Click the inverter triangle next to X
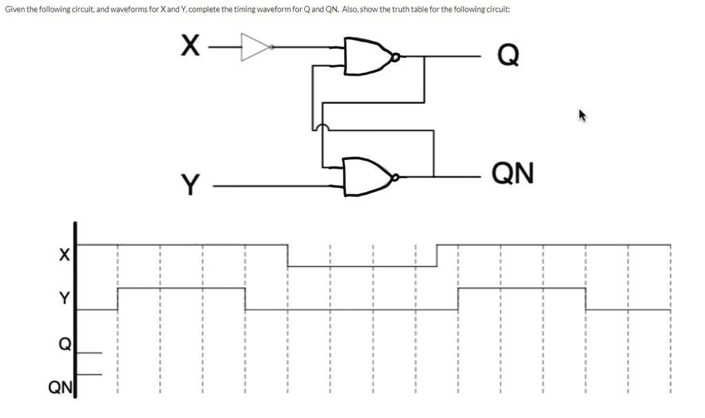pos(255,47)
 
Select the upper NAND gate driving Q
pos(367,56)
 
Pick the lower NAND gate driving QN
pos(367,177)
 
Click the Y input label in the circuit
pos(190,185)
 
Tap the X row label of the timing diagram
pos(63,255)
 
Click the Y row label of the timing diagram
pos(64,297)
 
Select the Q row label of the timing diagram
pos(63,343)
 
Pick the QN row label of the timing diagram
pos(59,388)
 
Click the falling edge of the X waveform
pos(287,255)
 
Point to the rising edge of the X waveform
pos(437,255)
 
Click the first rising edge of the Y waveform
pos(118,299)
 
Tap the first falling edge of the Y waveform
pos(245,299)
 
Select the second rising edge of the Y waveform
pos(459,299)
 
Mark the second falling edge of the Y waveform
pos(586,299)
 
